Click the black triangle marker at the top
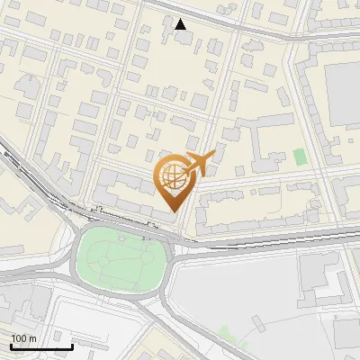(181, 24)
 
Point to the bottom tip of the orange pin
(175, 210)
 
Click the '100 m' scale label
(23, 337)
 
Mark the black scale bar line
(41, 346)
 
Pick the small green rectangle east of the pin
(300, 157)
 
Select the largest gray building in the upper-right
(342, 94)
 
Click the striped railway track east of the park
(270, 237)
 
